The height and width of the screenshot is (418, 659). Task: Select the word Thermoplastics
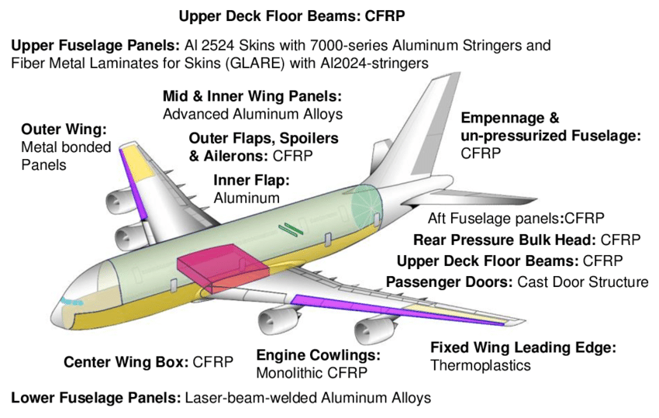(x=481, y=364)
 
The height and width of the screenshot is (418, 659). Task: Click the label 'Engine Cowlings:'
(x=319, y=355)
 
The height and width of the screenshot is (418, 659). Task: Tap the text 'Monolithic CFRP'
(x=312, y=372)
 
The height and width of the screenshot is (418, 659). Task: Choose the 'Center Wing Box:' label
(x=126, y=361)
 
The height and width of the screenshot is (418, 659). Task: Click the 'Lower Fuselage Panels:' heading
(x=96, y=399)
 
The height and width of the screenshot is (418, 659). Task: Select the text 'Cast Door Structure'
(x=583, y=282)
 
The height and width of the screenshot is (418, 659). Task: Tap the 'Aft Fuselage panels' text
(x=494, y=218)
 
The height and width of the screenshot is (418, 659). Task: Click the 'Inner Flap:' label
(x=251, y=180)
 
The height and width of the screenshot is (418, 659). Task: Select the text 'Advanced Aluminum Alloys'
(x=253, y=114)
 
